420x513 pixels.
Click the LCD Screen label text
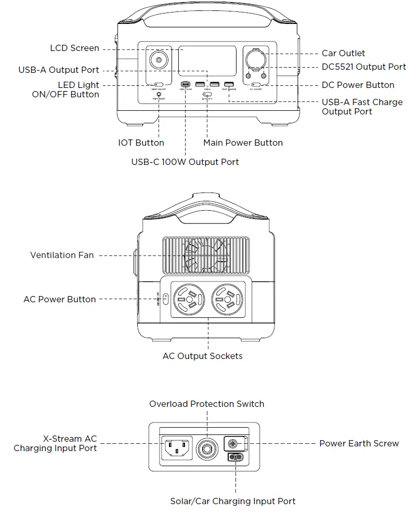[x=74, y=48]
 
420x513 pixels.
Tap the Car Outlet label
[x=343, y=53]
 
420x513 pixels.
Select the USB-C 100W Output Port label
[x=185, y=162]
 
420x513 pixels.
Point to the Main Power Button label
[x=243, y=143]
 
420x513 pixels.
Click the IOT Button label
[x=141, y=143]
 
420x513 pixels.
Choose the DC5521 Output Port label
[x=364, y=67]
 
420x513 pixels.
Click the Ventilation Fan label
[x=62, y=255]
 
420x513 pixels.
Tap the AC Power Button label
[x=60, y=299]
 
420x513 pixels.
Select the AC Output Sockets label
[x=202, y=356]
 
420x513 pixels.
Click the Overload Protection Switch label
[x=206, y=404]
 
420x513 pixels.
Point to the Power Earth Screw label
[x=359, y=443]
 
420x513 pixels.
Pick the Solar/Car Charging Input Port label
[x=232, y=501]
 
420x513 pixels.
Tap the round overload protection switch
[x=206, y=447]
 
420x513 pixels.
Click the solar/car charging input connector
[x=234, y=458]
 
